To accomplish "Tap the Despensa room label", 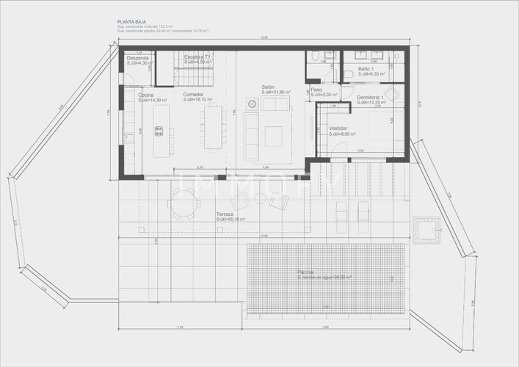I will click(x=137, y=57).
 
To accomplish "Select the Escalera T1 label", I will click(x=197, y=57).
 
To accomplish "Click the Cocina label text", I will click(x=145, y=94).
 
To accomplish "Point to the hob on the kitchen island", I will click(x=159, y=131).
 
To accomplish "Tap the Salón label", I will click(x=268, y=87).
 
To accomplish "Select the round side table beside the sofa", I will click(x=253, y=105).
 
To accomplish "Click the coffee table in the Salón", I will click(x=273, y=135).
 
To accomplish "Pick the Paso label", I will click(x=316, y=89).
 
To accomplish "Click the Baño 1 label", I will click(x=366, y=69).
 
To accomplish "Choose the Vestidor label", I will click(x=338, y=128).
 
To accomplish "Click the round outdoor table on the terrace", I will click(x=182, y=203).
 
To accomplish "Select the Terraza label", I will click(x=225, y=214).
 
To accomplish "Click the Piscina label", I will click(x=306, y=272).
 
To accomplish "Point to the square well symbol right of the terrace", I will click(x=426, y=230).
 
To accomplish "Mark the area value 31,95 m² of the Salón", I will click(x=277, y=92).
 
